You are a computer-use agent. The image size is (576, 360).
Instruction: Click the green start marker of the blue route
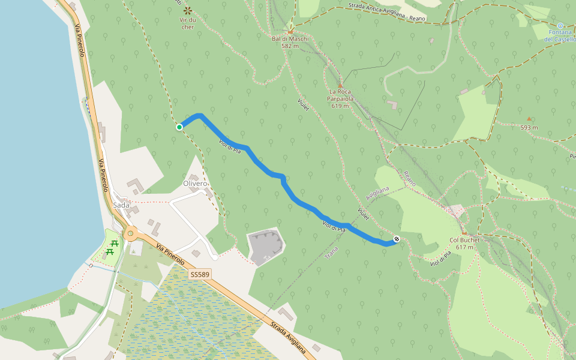179,127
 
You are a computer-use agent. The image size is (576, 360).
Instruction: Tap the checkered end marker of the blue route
397,240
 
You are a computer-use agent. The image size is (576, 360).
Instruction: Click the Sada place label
121,205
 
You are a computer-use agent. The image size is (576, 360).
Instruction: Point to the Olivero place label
194,183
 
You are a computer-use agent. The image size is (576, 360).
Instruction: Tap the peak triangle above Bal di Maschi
290,32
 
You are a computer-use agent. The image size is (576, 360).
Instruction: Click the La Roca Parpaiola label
340,95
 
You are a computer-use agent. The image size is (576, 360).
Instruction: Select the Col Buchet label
464,240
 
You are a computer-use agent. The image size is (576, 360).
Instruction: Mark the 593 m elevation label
529,128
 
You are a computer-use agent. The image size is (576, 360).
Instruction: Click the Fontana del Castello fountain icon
560,26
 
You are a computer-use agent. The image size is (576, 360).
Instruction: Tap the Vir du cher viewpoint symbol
187,10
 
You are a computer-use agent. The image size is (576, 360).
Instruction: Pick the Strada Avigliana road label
288,338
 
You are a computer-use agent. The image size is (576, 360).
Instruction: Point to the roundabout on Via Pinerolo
130,233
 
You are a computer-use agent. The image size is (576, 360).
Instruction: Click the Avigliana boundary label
377,193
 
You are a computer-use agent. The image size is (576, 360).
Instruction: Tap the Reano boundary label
410,178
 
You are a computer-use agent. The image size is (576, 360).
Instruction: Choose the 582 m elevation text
290,46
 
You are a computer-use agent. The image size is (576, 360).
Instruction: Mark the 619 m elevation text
340,106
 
